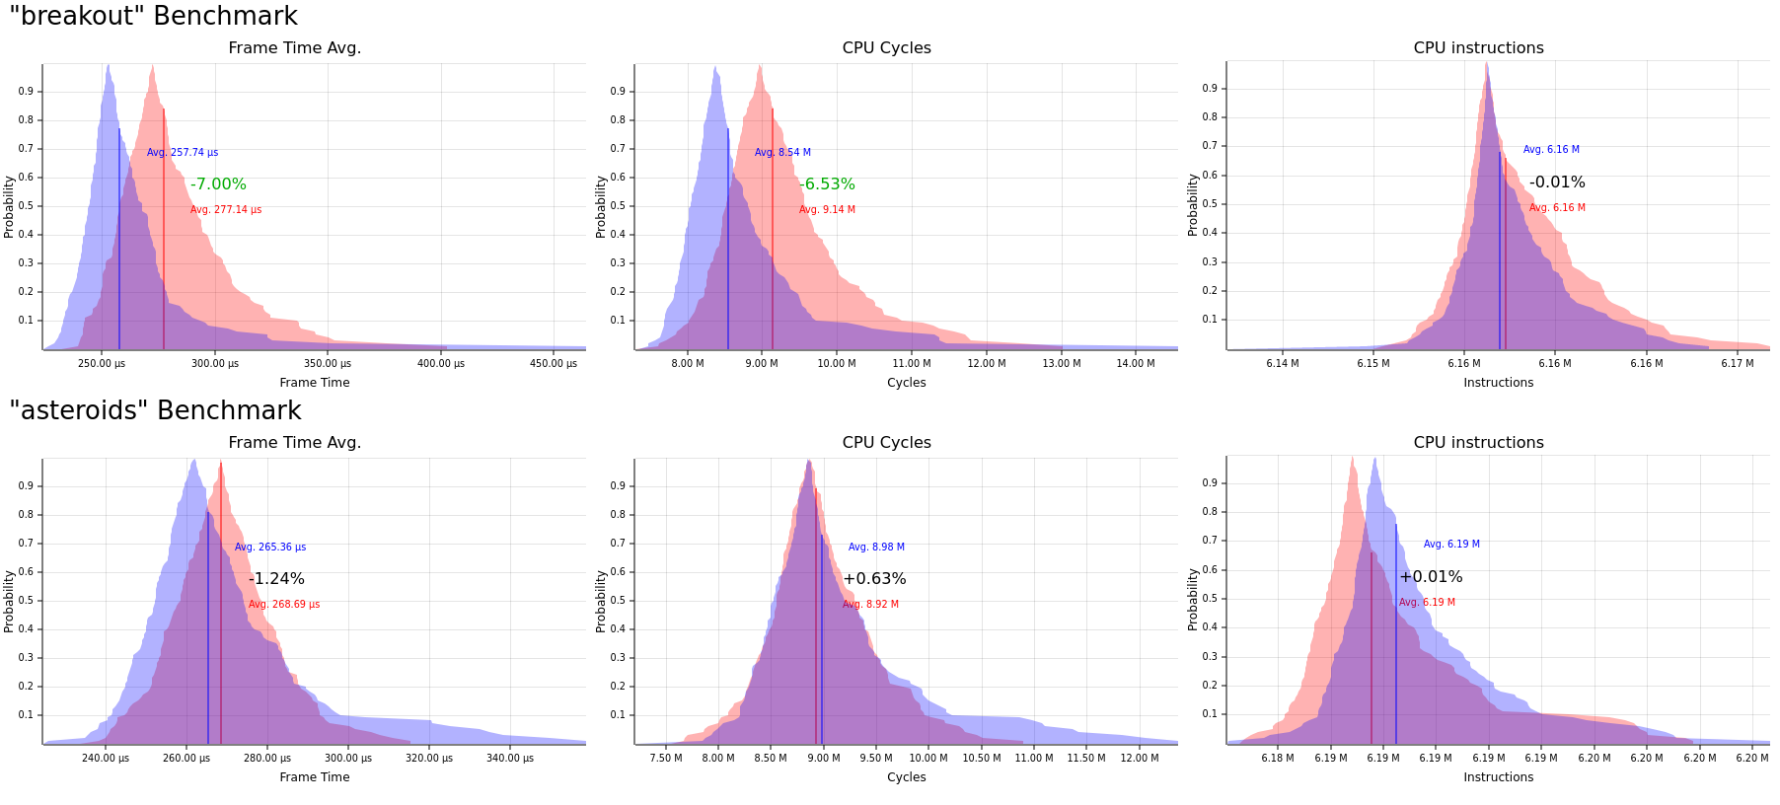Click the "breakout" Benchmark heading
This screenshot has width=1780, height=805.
click(x=153, y=17)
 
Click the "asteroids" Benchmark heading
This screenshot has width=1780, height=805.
click(x=155, y=411)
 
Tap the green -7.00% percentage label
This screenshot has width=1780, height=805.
click(x=218, y=184)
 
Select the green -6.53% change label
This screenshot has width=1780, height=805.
click(x=827, y=184)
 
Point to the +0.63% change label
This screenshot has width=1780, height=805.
click(x=874, y=579)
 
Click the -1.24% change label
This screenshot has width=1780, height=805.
click(x=276, y=579)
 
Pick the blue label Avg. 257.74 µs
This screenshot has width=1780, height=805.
click(x=183, y=153)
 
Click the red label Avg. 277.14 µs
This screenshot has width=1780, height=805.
click(x=226, y=210)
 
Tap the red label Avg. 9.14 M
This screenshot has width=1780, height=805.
click(x=827, y=210)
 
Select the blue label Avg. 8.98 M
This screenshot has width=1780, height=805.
click(x=876, y=548)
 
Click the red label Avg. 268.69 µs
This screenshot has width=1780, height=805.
click(x=284, y=605)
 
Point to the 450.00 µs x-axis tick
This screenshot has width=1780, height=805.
click(x=554, y=364)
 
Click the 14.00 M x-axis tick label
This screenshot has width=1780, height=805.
click(x=1136, y=364)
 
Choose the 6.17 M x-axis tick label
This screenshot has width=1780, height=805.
click(x=1738, y=364)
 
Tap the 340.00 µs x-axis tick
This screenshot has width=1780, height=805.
click(x=510, y=759)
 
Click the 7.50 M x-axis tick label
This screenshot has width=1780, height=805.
click(x=666, y=759)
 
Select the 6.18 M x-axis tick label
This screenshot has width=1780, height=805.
click(x=1278, y=759)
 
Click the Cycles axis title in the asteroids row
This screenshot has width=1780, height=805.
click(x=906, y=777)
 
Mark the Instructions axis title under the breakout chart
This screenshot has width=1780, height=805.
click(x=1498, y=383)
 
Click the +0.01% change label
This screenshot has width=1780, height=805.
click(x=1431, y=577)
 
